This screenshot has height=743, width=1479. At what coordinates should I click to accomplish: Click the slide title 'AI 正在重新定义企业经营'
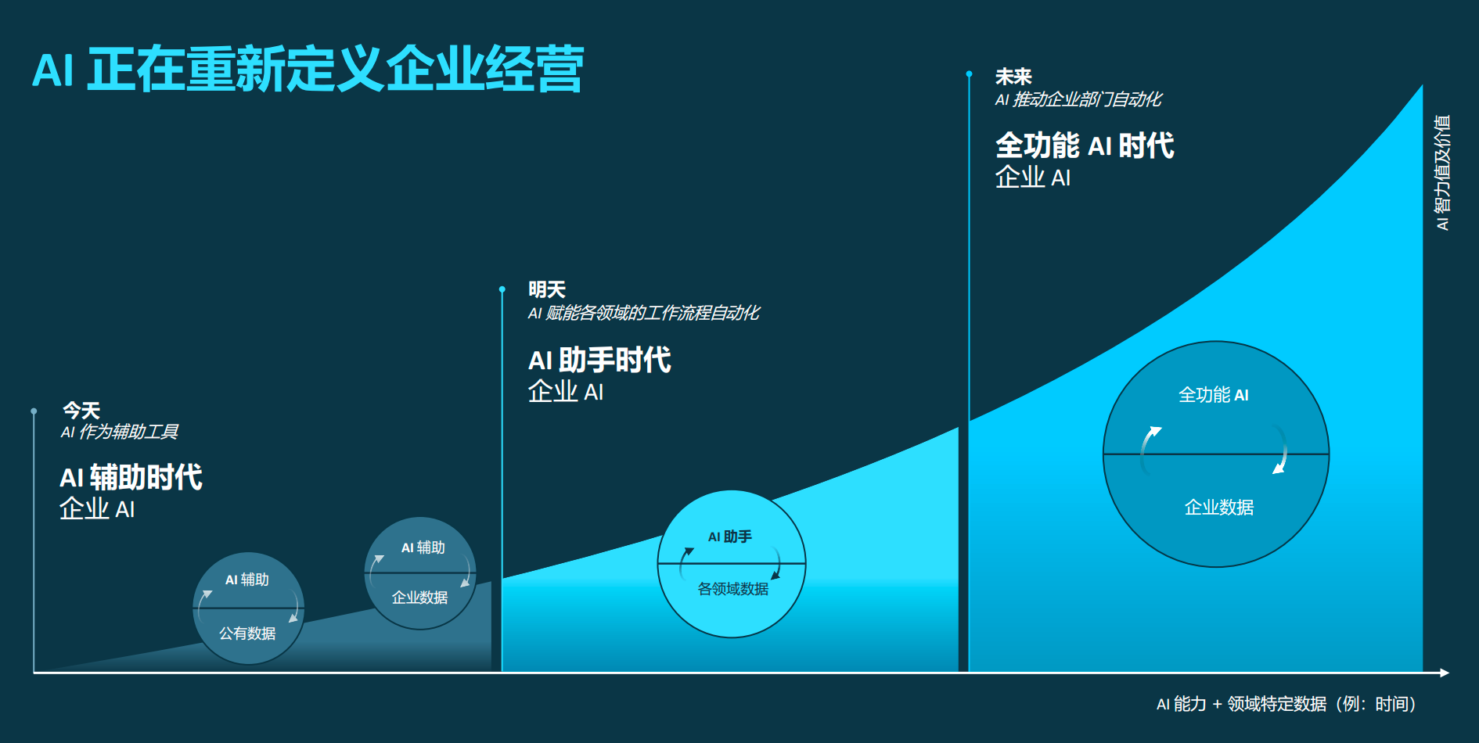pyautogui.click(x=308, y=70)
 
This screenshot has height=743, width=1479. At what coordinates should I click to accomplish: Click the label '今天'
pyautogui.click(x=81, y=411)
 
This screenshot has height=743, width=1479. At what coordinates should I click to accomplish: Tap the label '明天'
pyautogui.click(x=547, y=289)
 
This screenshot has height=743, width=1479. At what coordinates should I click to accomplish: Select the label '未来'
pyautogui.click(x=1013, y=77)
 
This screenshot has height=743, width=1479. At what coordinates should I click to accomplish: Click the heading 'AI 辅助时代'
pyautogui.click(x=131, y=477)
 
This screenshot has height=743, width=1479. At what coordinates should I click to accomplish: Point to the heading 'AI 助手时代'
pyautogui.click(x=599, y=360)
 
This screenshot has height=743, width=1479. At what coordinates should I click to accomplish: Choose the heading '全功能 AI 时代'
pyautogui.click(x=1085, y=145)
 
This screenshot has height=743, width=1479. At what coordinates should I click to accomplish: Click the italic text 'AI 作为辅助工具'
pyautogui.click(x=120, y=432)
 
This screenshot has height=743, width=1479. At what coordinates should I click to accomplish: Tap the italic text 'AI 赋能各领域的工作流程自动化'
pyautogui.click(x=644, y=313)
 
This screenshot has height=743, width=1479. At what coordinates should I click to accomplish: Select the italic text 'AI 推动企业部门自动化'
pyautogui.click(x=1078, y=99)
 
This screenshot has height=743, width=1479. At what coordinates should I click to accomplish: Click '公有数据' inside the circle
pyautogui.click(x=247, y=634)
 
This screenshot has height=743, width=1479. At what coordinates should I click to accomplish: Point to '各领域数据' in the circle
pyautogui.click(x=733, y=589)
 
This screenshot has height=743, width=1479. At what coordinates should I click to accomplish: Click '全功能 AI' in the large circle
pyautogui.click(x=1214, y=395)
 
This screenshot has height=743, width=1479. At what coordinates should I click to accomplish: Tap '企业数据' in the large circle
pyautogui.click(x=1219, y=508)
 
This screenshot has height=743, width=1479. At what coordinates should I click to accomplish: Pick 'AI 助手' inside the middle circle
pyautogui.click(x=730, y=537)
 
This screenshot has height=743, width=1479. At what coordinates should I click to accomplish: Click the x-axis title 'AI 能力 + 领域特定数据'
pyautogui.click(x=1242, y=704)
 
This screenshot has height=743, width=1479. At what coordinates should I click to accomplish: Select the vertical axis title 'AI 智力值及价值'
pyautogui.click(x=1442, y=173)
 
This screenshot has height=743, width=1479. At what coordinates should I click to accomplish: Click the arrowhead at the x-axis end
pyautogui.click(x=1445, y=673)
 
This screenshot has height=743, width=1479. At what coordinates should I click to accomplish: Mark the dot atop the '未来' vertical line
pyautogui.click(x=969, y=74)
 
